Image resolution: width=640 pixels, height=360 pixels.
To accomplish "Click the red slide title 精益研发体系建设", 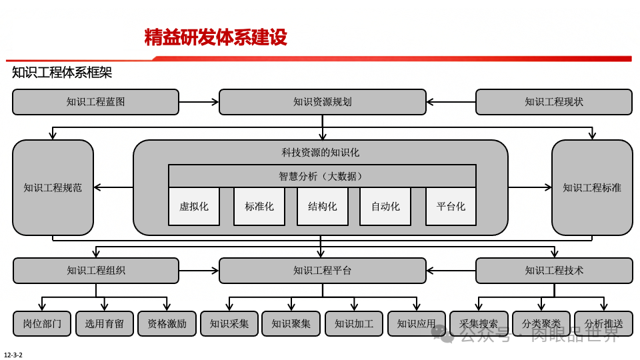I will coord(215,38).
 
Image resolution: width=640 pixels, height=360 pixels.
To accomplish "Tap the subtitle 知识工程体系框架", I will coord(62,73).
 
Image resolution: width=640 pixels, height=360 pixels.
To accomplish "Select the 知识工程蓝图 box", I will coord(96,102).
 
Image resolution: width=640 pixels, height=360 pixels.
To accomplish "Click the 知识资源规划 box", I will coord(322,102).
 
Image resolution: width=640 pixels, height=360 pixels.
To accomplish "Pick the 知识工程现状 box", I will coord(553,102).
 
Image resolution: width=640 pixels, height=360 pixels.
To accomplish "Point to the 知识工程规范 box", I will coord(53,187).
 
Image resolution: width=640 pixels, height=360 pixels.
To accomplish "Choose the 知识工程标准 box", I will coord(592,187).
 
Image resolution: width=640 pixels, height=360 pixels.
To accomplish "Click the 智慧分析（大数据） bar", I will coord(322,176).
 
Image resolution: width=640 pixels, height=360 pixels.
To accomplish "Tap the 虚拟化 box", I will coord(194,206).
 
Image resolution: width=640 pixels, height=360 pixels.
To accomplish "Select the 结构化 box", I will coord(322,206).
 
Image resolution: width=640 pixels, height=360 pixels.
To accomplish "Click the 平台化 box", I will coord(451,206).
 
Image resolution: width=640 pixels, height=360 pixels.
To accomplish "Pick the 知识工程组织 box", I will coord(96,271).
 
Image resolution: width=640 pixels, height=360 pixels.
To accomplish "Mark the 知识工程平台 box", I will coord(322,271).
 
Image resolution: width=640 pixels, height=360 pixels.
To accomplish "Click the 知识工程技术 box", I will coord(553,271).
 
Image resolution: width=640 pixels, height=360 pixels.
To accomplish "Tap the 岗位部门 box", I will coord(42,323).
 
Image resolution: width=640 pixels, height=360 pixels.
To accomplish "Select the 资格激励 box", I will coord(167,323).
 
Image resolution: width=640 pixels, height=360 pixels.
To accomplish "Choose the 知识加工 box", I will coord(354,323).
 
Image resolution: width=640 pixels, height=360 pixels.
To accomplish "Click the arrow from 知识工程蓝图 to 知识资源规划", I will coord(199,102).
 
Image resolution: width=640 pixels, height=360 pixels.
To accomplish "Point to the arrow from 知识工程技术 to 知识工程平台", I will coord(451,271).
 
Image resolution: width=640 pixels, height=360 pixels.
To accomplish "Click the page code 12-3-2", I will coord(13,355).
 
